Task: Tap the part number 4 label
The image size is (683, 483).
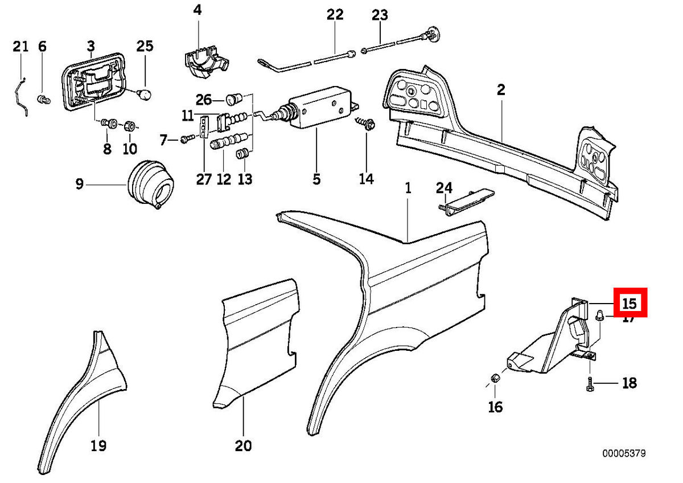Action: point(197,10)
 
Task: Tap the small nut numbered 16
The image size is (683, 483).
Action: point(495,378)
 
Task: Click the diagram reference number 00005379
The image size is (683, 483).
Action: point(624,454)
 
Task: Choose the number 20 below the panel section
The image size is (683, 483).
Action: point(243,445)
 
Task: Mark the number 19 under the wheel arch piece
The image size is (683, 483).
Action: point(98,445)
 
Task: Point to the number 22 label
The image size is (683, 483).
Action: point(335,15)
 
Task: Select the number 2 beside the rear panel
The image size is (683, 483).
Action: point(501,89)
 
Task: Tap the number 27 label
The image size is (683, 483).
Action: point(203,178)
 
